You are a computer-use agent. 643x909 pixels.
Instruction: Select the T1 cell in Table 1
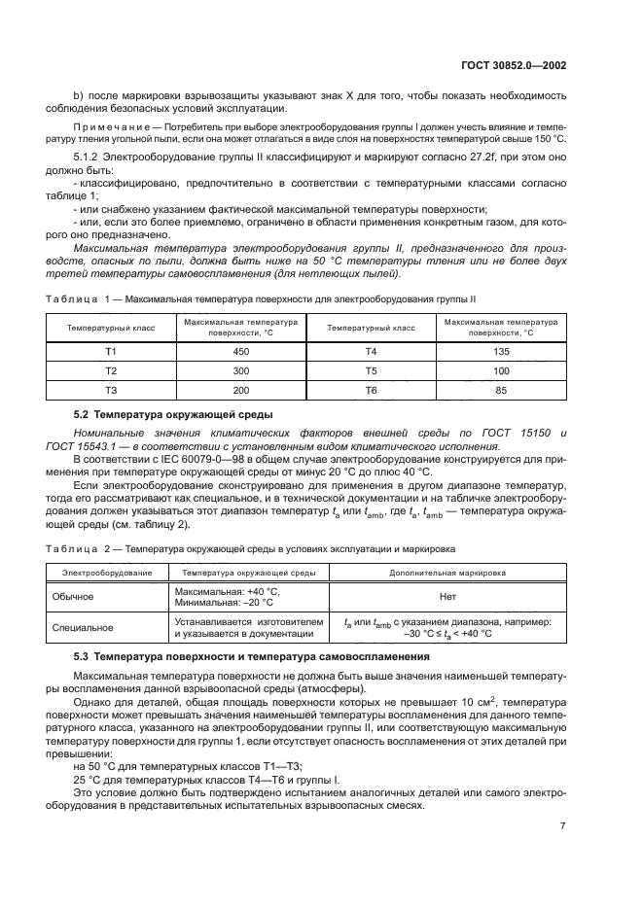tap(111, 351)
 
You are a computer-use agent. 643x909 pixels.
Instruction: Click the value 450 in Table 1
tap(242, 351)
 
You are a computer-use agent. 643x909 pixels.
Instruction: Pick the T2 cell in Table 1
tap(111, 370)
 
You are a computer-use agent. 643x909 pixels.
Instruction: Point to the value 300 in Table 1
tap(242, 370)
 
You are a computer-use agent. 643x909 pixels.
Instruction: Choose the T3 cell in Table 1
tap(111, 390)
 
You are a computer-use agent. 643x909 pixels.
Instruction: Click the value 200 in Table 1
tap(242, 390)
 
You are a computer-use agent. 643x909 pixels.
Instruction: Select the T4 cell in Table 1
tap(371, 351)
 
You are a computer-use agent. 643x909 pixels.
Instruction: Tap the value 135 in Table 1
tap(501, 351)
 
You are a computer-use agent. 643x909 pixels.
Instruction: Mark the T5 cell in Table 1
tap(371, 370)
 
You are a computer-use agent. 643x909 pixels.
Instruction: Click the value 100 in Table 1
tap(501, 370)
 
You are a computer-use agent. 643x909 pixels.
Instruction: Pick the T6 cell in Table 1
tap(371, 390)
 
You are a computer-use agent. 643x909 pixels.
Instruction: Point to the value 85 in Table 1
tap(501, 390)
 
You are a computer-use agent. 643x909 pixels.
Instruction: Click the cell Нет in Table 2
tap(447, 595)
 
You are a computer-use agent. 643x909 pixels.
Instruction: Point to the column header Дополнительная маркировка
tap(447, 574)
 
